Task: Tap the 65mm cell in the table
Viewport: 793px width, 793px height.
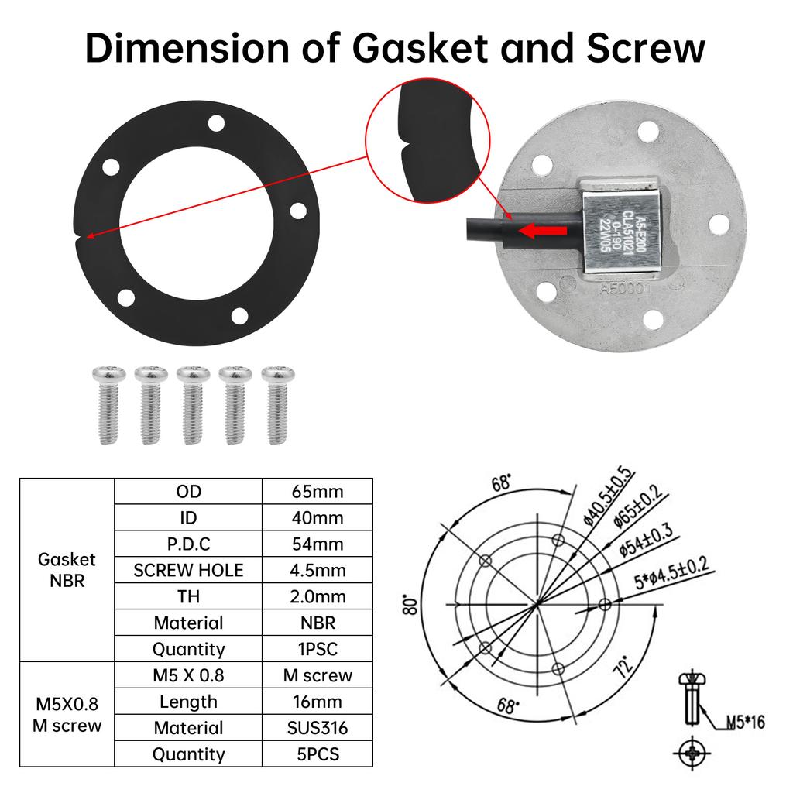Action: [x=318, y=491]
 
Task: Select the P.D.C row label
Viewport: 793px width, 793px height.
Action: [x=188, y=544]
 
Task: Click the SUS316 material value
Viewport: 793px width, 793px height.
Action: [x=318, y=728]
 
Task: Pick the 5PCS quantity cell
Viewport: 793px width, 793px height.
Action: [x=318, y=754]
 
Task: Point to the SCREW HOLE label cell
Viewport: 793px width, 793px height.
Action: [x=188, y=571]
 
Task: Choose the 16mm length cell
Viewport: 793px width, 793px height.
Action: [x=318, y=702]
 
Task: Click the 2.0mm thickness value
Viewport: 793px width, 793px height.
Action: [x=318, y=597]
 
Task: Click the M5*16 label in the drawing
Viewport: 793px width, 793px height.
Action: [x=744, y=723]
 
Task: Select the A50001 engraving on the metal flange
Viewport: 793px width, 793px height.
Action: [x=629, y=289]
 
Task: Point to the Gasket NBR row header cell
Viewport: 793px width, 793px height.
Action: [x=67, y=570]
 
